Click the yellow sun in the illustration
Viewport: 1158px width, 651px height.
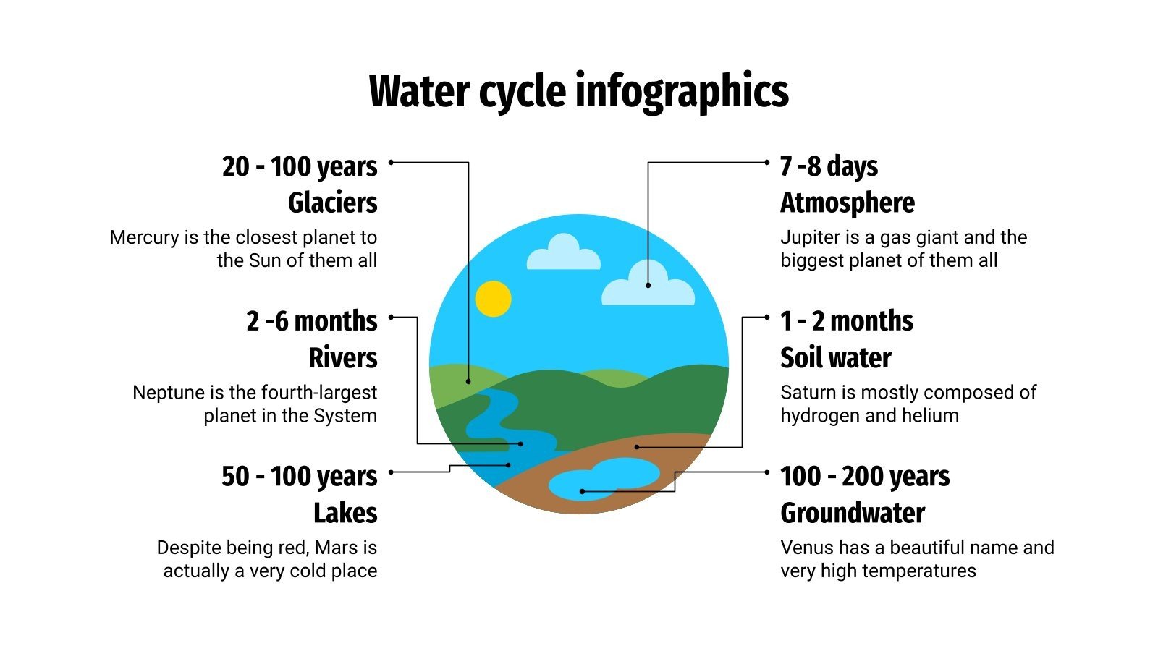(494, 299)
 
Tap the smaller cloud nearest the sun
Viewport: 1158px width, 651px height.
(563, 253)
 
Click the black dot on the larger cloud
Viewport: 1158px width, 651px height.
(648, 285)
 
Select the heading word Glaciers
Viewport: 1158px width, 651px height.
(332, 203)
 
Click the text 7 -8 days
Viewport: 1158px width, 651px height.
(829, 166)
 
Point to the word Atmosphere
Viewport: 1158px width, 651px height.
(847, 203)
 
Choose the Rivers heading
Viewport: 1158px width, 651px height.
(342, 357)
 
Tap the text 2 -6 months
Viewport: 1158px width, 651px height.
(311, 321)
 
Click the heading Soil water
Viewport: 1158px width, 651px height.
(835, 357)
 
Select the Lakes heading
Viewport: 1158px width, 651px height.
(345, 513)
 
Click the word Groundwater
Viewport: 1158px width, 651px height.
(853, 513)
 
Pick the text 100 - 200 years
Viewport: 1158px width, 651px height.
(865, 477)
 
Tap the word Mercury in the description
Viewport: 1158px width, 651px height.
(143, 237)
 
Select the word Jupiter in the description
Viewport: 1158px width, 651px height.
(807, 237)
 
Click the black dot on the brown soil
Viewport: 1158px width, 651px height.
(637, 447)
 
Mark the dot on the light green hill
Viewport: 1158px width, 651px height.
(468, 381)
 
